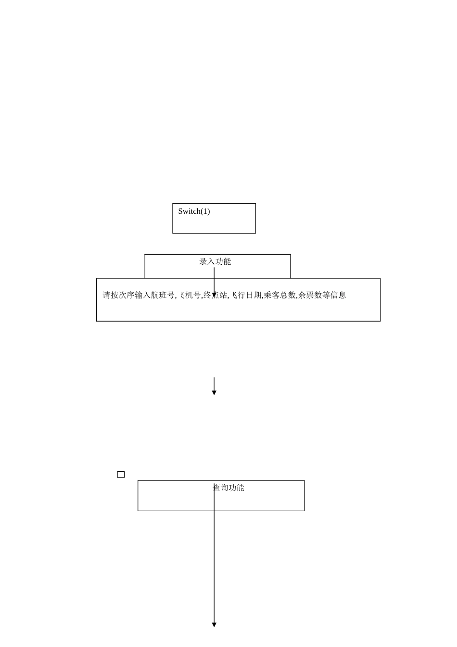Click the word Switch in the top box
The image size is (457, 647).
189,211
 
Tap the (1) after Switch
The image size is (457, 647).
205,211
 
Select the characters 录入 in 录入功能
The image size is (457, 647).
207,261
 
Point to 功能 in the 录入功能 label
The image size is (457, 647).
223,261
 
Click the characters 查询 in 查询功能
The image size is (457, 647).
220,488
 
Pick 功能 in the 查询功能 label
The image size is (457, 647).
237,488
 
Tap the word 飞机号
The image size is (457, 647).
189,295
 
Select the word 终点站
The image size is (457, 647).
215,295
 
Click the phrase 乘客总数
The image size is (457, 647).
279,295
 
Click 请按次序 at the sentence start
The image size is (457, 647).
118,295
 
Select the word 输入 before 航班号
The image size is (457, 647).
143,295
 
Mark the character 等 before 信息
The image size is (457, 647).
326,295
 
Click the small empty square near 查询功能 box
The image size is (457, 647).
121,475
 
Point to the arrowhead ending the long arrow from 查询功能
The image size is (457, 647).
214,625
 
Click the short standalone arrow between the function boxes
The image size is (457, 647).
214,386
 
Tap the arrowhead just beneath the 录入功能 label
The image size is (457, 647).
214,295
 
